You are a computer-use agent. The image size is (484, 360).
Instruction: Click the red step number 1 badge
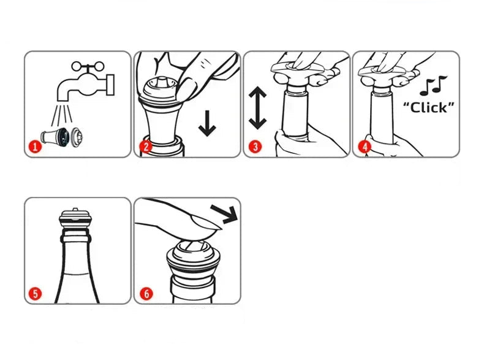35,147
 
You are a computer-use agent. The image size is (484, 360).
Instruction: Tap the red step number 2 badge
146,147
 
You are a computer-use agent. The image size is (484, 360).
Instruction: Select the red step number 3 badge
255,147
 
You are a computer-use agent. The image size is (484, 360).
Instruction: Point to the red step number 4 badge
365,147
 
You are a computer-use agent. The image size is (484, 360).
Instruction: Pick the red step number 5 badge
35,294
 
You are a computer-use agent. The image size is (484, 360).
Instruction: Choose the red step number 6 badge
146,294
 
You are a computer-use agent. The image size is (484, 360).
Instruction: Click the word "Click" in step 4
429,107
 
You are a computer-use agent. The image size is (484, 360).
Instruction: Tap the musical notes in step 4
433,86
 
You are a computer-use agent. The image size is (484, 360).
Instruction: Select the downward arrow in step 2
207,123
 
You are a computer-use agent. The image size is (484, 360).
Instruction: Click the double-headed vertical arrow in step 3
257,108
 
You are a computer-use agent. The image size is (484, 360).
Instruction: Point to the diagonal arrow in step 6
224,213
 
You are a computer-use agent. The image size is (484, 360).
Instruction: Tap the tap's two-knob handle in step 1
88,66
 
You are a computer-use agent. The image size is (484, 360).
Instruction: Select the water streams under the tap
62,115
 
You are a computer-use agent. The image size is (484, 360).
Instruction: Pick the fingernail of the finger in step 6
206,222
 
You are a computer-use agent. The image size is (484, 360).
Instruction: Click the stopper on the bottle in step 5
75,218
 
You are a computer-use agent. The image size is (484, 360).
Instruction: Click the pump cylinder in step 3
295,112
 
